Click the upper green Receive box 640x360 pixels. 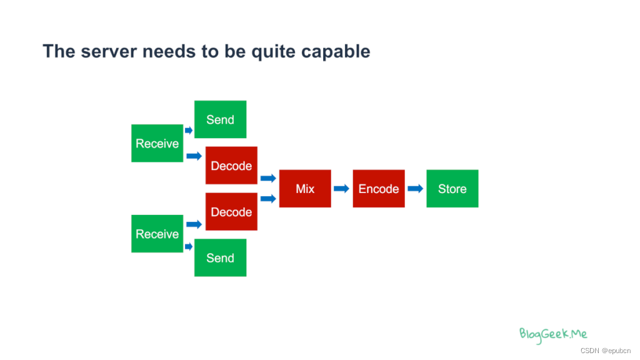[x=157, y=143]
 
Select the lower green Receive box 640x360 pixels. [x=157, y=234]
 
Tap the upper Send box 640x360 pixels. [x=220, y=119]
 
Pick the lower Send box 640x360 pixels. [x=220, y=257]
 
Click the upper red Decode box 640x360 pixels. [x=231, y=166]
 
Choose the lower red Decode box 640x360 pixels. [x=231, y=212]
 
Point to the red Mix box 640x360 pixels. [x=305, y=188]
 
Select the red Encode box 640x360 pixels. [x=379, y=188]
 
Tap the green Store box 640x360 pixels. [x=452, y=188]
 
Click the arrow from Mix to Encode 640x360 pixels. [x=341, y=188]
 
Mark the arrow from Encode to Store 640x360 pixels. [x=415, y=188]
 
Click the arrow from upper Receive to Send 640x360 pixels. [x=189, y=130]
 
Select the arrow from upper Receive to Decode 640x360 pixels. [x=194, y=156]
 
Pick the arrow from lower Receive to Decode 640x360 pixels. [x=194, y=224]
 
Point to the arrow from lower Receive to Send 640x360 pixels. [x=189, y=247]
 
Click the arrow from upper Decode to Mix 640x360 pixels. [x=268, y=178]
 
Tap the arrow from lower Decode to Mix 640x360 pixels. [x=268, y=199]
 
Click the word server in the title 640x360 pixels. [x=107, y=51]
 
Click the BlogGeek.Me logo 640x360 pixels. [x=553, y=334]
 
